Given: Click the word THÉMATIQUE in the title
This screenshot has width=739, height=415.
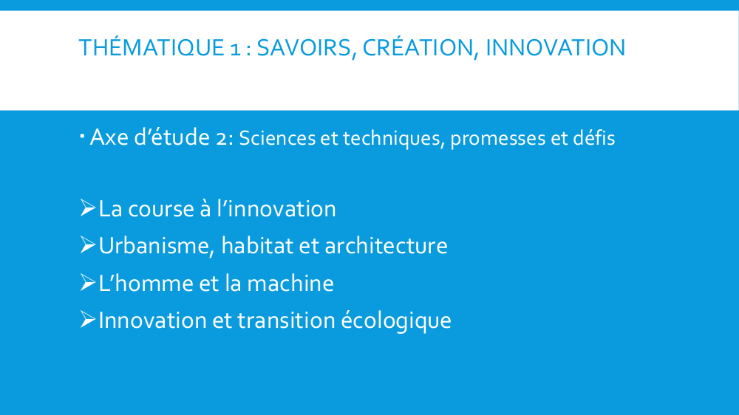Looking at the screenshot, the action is tap(151, 47).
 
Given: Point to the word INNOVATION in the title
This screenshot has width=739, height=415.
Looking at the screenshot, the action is tap(555, 47).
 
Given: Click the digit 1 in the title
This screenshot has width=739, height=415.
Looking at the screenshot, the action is tap(235, 49).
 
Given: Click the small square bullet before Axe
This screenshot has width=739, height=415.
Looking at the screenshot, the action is tap(82, 137).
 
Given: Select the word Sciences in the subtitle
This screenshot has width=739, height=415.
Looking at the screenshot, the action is tap(277, 138).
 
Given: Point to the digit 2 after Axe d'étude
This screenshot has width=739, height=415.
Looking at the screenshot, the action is tap(221, 139).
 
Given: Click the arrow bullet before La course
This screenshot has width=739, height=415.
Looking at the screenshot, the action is tap(88, 207).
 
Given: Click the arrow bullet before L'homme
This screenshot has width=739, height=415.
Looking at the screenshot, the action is tap(88, 282).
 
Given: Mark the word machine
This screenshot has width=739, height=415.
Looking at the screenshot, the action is tap(290, 283).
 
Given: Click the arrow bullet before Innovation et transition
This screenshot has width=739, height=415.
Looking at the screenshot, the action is tap(88, 320).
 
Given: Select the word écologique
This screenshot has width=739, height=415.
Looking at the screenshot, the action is tap(396, 320).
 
